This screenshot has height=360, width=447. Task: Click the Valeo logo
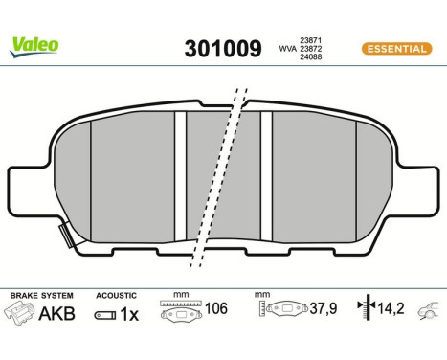(x=34, y=44)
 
